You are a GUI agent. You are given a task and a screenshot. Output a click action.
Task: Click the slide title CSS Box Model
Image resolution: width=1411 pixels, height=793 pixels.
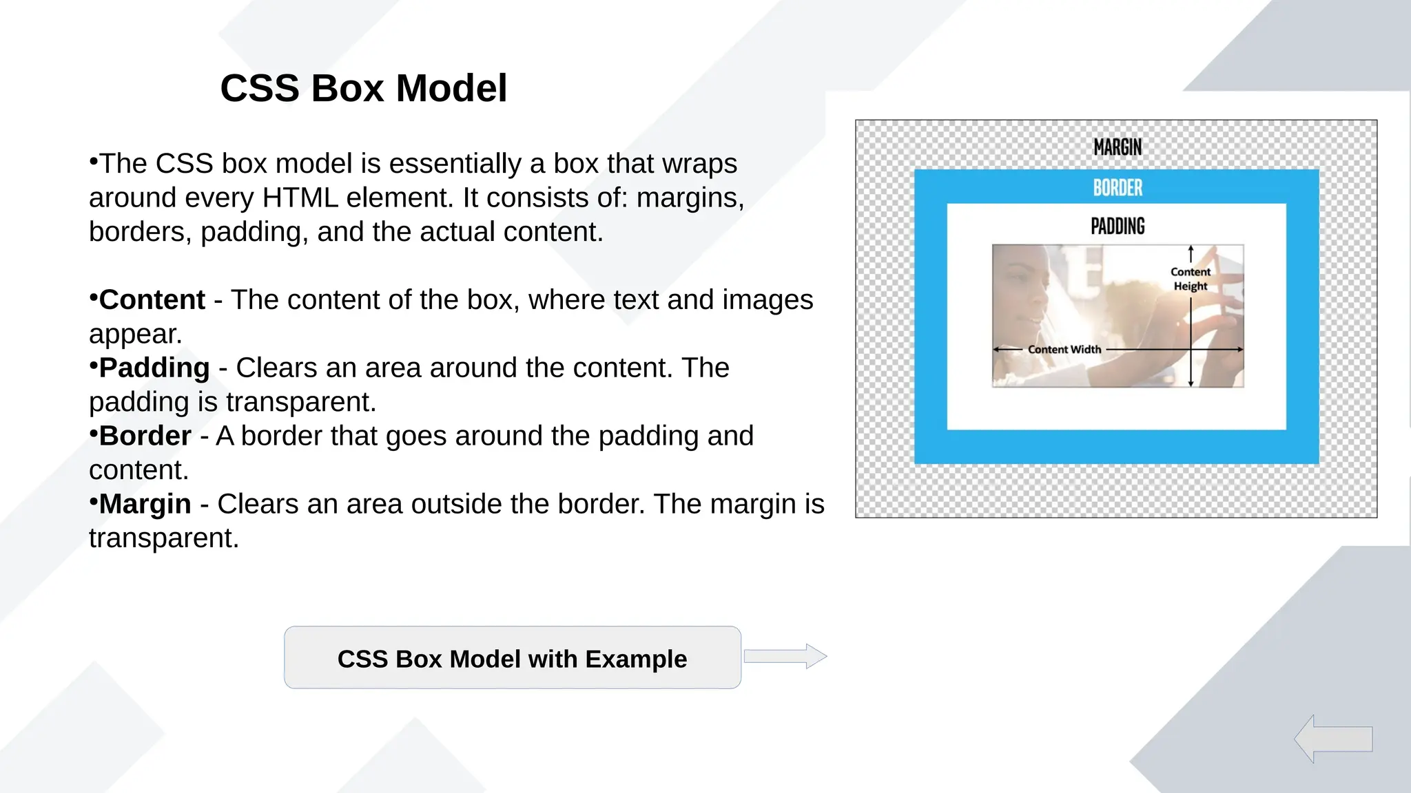pyautogui.click(x=363, y=88)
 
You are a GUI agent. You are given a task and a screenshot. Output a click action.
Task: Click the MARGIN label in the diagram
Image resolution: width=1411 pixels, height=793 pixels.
pyautogui.click(x=1117, y=147)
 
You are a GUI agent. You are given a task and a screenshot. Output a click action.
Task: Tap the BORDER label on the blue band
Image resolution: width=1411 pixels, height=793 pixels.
pyautogui.click(x=1117, y=187)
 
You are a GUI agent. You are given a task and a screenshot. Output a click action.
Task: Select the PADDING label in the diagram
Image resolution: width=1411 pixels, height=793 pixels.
pyautogui.click(x=1117, y=226)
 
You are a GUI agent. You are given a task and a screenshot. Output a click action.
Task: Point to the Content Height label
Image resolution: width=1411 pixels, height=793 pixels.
pyautogui.click(x=1190, y=279)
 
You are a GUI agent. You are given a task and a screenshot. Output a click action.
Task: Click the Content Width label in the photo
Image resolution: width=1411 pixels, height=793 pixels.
pyautogui.click(x=1064, y=350)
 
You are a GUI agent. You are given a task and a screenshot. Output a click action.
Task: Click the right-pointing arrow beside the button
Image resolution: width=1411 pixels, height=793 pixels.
pyautogui.click(x=785, y=656)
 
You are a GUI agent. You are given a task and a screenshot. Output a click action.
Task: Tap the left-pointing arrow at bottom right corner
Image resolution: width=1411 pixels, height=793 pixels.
pyautogui.click(x=1332, y=739)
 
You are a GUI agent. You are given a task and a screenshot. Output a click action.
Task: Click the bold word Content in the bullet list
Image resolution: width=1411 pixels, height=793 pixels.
pyautogui.click(x=152, y=300)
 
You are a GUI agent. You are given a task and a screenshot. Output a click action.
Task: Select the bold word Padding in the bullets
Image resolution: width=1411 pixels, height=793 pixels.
pyautogui.click(x=154, y=368)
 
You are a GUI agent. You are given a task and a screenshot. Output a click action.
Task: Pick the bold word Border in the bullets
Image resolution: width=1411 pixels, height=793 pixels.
pyautogui.click(x=145, y=436)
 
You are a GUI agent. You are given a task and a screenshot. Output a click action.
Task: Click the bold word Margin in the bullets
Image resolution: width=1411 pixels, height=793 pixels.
pyautogui.click(x=145, y=505)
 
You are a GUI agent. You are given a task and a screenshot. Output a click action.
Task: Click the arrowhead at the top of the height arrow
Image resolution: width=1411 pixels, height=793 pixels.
pyautogui.click(x=1191, y=249)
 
